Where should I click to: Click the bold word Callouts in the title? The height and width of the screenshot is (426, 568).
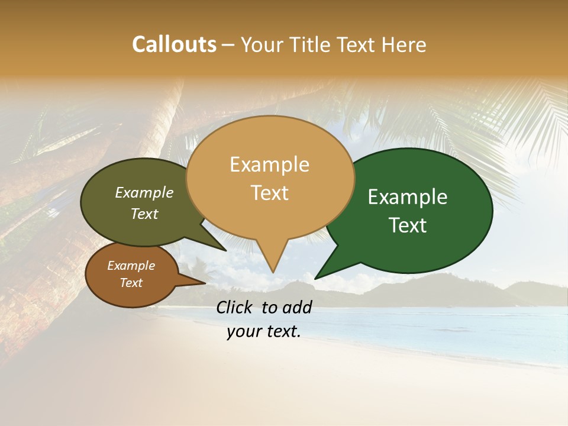click(x=174, y=44)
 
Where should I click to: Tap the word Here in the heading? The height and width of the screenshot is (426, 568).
click(x=405, y=44)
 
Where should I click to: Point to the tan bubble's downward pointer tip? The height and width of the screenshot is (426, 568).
click(x=273, y=272)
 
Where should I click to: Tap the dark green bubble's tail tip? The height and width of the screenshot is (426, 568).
click(x=316, y=278)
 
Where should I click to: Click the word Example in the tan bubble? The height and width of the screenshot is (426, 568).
click(x=270, y=164)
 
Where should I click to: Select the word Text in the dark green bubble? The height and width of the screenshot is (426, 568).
click(x=408, y=225)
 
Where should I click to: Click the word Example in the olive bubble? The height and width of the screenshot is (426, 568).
click(x=144, y=193)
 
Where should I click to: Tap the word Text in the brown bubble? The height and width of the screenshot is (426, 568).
click(x=131, y=283)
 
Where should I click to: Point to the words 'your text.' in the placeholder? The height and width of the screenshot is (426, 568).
click(x=264, y=331)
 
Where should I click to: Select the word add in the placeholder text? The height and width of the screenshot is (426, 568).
click(x=297, y=307)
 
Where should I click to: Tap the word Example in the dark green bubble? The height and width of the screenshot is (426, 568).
click(x=408, y=197)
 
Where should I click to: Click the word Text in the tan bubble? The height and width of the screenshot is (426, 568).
click(x=270, y=193)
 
